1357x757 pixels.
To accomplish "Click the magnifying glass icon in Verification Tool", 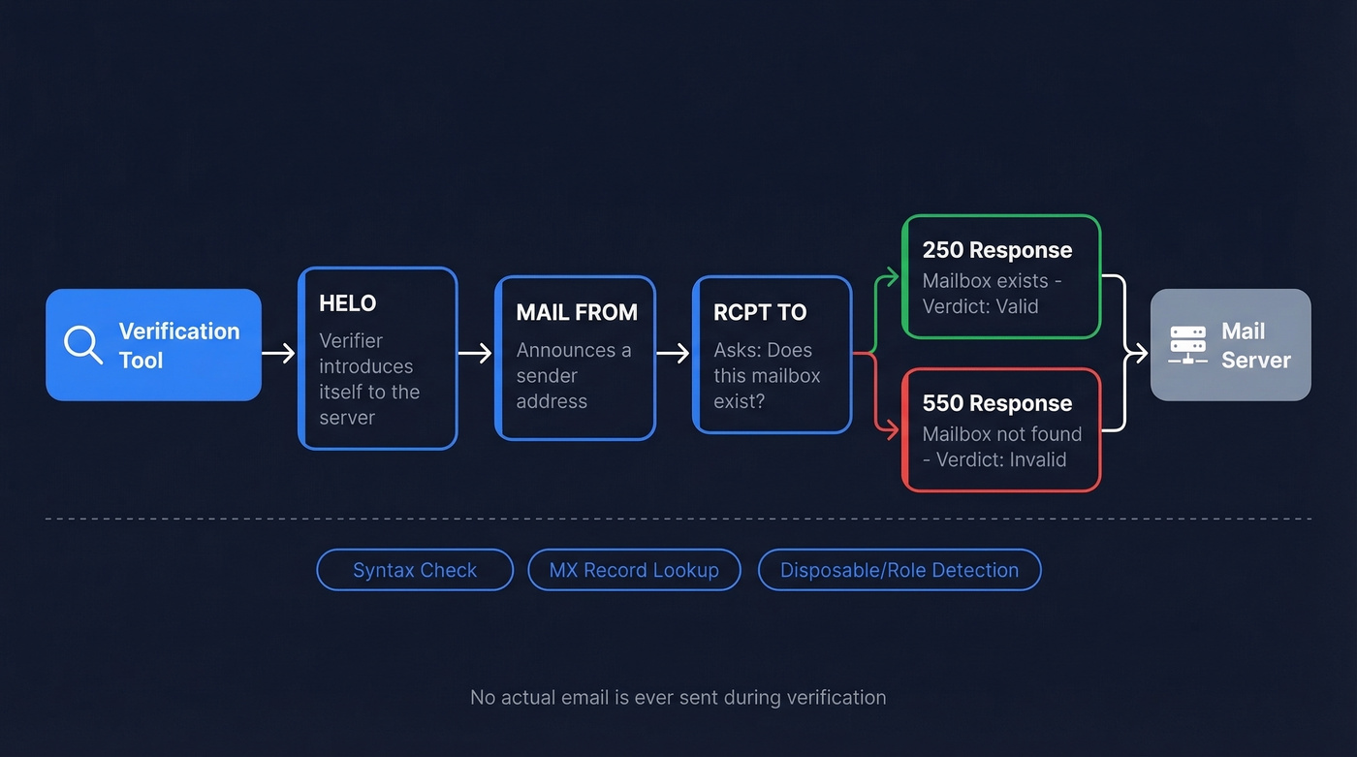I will (82, 344).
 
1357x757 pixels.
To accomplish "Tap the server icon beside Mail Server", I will (1187, 345).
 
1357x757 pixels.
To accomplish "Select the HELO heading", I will (347, 303).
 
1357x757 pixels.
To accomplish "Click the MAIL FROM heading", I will (577, 312).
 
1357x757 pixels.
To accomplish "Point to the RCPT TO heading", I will (760, 312).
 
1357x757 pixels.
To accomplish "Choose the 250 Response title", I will (996, 250).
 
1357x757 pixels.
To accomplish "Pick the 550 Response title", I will (996, 403).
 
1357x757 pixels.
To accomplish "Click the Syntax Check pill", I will (415, 570).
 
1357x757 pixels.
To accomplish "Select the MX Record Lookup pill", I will (634, 570).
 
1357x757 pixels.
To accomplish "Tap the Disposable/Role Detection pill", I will (899, 570).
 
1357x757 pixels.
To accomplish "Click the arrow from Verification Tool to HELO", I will (279, 353).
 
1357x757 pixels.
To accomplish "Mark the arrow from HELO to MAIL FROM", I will (475, 353).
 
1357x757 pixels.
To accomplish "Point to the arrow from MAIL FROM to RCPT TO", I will (673, 353).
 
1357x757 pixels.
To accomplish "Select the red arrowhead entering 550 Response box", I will (893, 429).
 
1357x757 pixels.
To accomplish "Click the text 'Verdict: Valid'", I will (980, 306).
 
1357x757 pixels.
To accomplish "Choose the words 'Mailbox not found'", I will (1001, 434).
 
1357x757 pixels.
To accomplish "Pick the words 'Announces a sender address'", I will (573, 375).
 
